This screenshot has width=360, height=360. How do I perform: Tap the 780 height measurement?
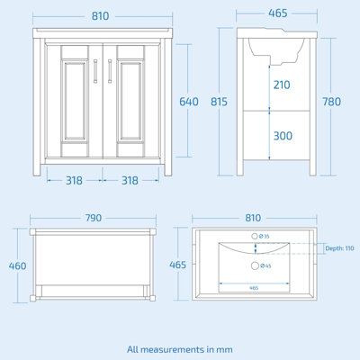click(331, 102)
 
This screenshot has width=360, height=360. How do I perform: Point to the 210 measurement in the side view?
click(283, 85)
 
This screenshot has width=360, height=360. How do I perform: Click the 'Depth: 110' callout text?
click(338, 248)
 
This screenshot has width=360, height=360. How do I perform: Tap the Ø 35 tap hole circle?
click(255, 237)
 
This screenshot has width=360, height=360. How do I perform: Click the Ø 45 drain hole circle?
click(255, 265)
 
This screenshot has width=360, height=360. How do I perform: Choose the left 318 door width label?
click(74, 180)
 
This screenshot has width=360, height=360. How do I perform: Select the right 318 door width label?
click(130, 180)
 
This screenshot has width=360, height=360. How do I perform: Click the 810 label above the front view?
click(101, 15)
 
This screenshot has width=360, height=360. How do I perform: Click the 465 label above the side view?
click(277, 15)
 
